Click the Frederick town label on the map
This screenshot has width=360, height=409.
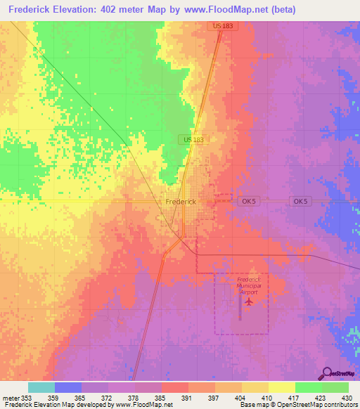tap(180, 201)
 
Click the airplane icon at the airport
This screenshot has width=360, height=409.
tap(248, 301)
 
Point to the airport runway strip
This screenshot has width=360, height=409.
tap(240, 310)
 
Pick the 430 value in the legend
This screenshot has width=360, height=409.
tap(346, 397)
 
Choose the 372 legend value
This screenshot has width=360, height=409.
tap(108, 397)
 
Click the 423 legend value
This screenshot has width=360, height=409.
tap(320, 397)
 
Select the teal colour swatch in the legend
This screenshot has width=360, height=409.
tap(41, 387)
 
